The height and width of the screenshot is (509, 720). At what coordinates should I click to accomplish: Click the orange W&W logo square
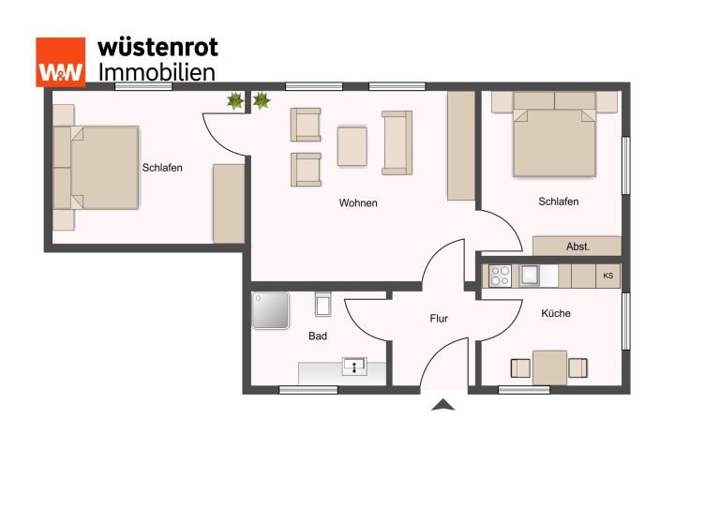coord(61,62)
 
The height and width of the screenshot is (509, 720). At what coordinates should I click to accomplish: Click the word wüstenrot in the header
coord(157,48)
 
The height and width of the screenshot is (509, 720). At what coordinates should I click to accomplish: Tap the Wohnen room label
coord(358,202)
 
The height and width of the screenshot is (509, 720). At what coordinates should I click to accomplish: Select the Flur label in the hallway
coord(439,318)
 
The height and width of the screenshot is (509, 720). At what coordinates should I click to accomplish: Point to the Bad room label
coord(318,336)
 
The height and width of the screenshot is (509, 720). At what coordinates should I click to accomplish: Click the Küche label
coord(556,313)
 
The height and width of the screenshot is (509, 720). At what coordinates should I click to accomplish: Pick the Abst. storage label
coord(577,247)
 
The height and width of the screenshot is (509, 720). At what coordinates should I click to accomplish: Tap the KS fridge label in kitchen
coord(607,276)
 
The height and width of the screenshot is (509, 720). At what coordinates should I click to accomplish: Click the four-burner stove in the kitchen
coord(500,276)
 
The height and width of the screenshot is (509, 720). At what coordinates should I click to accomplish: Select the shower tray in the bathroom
coord(270,310)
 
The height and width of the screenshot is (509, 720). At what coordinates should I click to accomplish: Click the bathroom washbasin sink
coord(354,367)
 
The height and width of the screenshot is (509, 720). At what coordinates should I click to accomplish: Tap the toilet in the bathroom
coord(322,304)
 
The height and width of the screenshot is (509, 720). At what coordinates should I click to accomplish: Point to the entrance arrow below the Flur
coord(443,404)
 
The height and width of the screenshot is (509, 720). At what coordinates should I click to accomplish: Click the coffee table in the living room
coord(352,146)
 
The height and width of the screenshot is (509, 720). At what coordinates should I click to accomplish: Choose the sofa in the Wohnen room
coord(397,142)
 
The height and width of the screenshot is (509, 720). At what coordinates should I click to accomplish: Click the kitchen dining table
coord(549,367)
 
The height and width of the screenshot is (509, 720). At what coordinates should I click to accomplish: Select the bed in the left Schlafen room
coord(96,168)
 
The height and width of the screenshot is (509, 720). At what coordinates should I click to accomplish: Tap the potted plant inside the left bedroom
coord(235,100)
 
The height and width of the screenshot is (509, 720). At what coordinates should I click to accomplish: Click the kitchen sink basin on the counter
coord(529,276)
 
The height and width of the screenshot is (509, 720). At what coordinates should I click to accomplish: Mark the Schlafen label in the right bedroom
coord(559,202)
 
